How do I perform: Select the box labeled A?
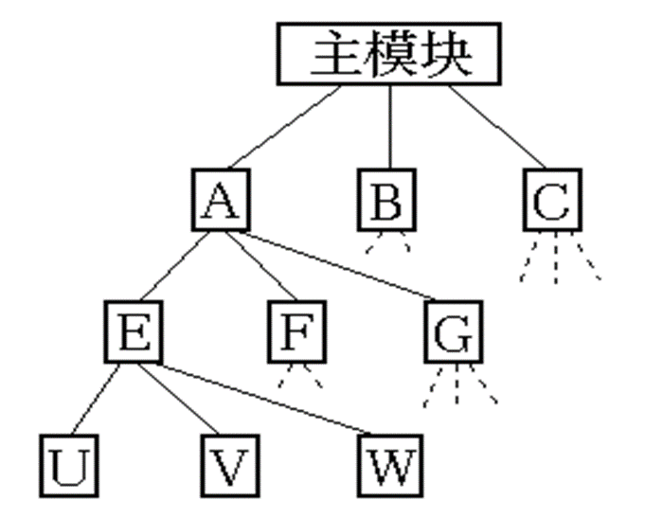coord(220,200)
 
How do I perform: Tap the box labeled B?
coord(386,200)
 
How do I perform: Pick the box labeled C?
coord(551,200)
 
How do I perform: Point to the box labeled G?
coord(456,332)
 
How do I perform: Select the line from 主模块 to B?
coord(388,127)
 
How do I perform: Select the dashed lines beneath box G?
coord(460,388)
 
